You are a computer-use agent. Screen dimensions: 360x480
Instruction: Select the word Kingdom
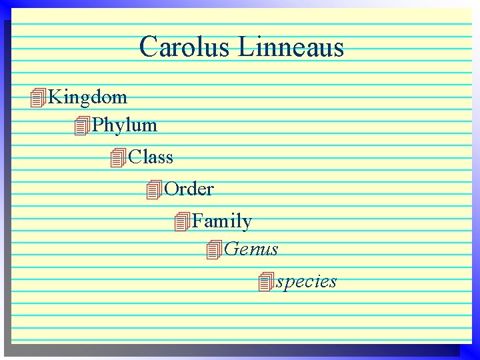(x=88, y=97)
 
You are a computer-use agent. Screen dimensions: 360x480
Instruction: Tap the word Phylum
(x=125, y=125)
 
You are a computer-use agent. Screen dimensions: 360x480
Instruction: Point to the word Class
(x=151, y=157)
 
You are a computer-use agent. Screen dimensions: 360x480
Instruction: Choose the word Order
(x=189, y=189)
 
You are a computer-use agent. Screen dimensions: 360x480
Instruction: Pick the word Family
(x=222, y=221)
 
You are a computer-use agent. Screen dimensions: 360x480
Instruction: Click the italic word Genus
(x=251, y=249)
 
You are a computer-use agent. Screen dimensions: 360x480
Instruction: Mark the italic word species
(x=307, y=281)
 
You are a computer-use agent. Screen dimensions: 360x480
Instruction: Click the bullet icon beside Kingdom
(x=38, y=98)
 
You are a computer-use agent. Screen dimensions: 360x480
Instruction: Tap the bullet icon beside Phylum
(x=82, y=125)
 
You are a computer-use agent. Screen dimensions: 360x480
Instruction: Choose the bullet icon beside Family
(x=182, y=222)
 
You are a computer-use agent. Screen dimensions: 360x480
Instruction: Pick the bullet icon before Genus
(x=214, y=250)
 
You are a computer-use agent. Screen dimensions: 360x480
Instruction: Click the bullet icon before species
(x=266, y=282)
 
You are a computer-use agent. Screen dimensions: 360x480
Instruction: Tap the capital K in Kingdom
(x=56, y=97)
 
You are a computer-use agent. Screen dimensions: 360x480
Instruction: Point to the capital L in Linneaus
(x=247, y=47)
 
